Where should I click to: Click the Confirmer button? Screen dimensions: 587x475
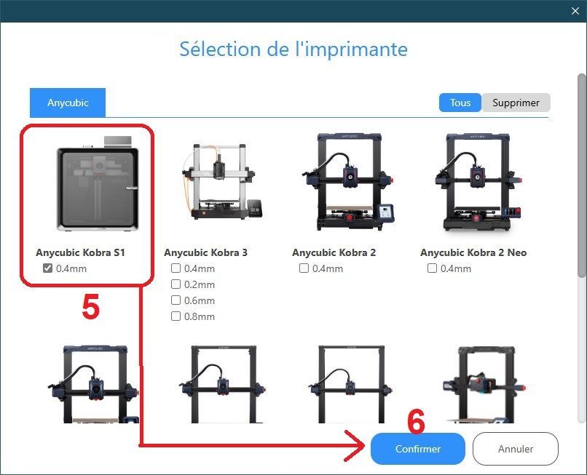click(x=418, y=448)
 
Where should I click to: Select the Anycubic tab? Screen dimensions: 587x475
click(x=68, y=103)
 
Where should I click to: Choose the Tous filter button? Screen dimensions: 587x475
click(x=460, y=103)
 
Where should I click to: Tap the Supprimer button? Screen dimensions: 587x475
click(x=516, y=103)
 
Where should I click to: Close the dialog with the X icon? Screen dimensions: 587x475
click(x=575, y=11)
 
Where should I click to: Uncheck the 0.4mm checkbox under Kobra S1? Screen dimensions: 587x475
click(x=47, y=268)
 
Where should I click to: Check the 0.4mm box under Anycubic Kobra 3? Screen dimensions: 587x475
click(x=176, y=268)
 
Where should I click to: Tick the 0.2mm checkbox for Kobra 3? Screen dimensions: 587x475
click(x=176, y=284)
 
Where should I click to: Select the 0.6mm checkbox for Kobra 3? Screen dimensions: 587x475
click(x=176, y=300)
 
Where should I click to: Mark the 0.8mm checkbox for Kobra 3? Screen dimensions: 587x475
click(x=176, y=316)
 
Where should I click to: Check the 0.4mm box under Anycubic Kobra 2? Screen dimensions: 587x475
click(x=304, y=268)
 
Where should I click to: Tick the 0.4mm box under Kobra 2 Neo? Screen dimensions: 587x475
click(x=432, y=268)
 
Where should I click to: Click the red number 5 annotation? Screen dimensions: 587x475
click(x=90, y=306)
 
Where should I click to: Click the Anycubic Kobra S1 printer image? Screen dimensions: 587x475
click(x=98, y=183)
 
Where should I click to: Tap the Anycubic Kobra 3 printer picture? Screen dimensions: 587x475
click(x=222, y=181)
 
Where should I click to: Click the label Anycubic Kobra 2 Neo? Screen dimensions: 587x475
click(x=473, y=252)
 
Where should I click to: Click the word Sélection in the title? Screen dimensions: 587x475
click(x=220, y=49)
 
